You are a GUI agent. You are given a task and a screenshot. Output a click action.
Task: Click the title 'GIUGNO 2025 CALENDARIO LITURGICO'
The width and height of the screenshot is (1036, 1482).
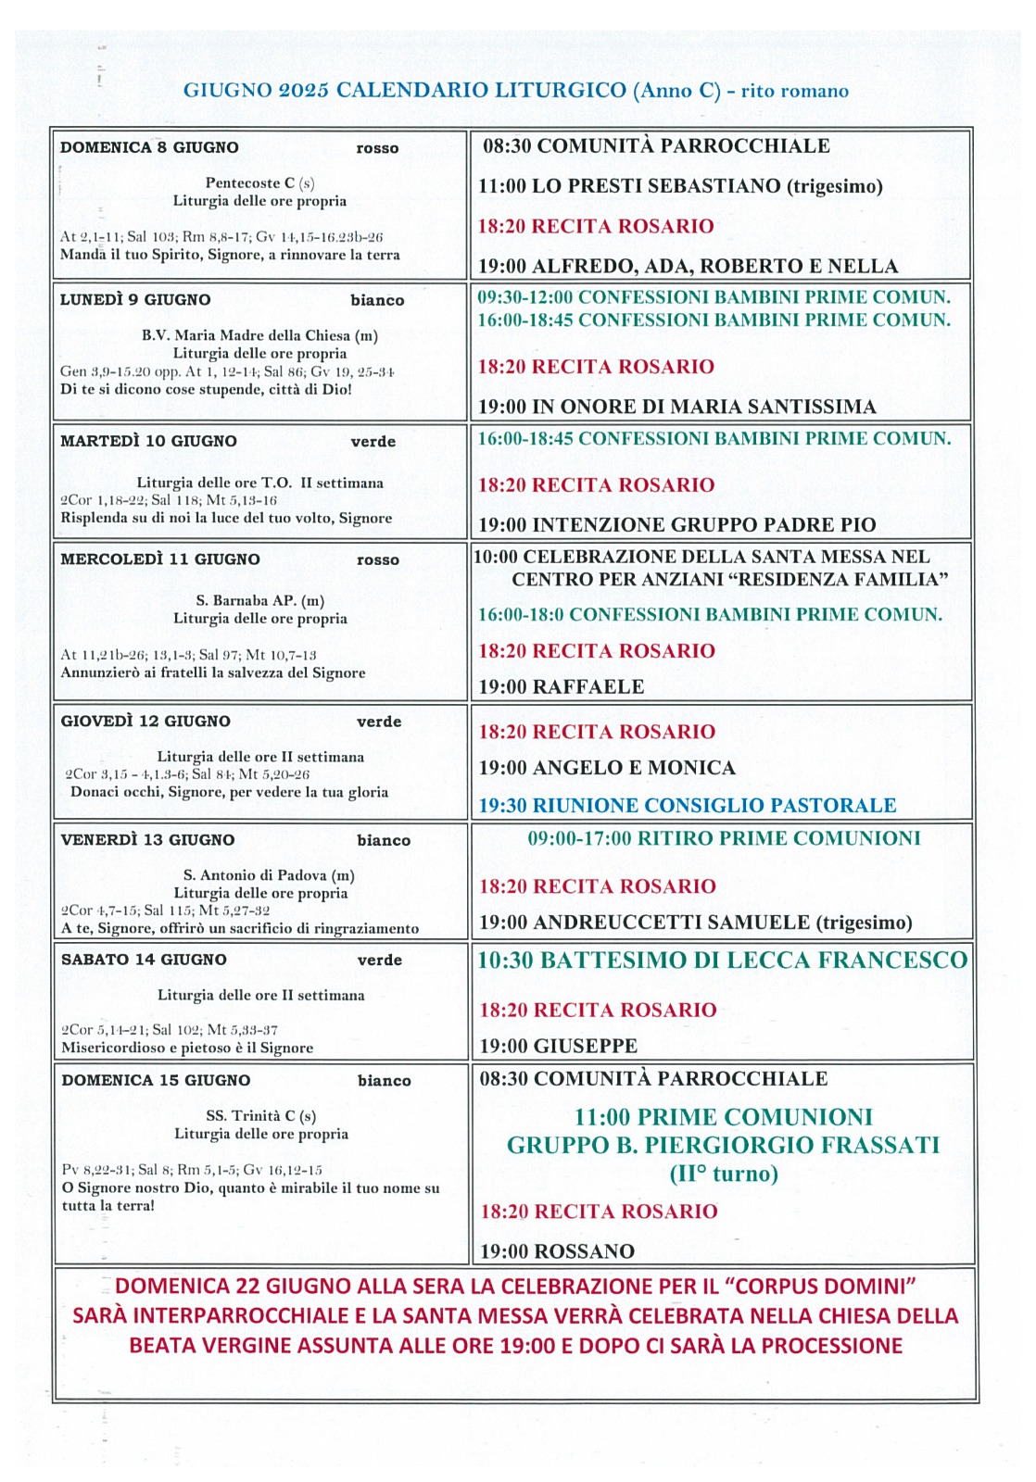pos(405,91)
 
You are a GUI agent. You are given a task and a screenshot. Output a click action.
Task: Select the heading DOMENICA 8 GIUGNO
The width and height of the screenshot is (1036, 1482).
pos(149,147)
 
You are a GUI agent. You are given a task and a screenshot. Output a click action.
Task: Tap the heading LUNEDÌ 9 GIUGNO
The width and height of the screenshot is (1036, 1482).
pos(135,300)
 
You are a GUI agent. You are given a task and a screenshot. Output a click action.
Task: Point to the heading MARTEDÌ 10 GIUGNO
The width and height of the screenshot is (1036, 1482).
pos(148,442)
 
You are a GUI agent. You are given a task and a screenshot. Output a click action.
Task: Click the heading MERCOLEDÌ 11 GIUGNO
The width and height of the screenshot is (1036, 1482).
pos(160,559)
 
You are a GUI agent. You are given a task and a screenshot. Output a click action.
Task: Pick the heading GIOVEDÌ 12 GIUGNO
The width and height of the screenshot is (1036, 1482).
pos(145,722)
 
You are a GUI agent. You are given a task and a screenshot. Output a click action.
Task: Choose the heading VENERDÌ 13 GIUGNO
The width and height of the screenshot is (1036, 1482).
pos(147,840)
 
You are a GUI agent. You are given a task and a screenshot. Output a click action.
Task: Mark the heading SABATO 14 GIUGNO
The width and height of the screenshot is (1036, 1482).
pos(144,960)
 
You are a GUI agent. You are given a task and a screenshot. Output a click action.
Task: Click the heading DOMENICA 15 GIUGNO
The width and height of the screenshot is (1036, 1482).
pos(157,1080)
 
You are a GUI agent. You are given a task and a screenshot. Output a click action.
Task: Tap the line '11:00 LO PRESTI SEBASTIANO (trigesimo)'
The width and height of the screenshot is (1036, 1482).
pos(680,186)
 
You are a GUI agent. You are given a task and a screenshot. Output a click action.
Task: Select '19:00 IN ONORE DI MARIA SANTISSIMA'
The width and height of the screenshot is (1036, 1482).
pos(676,407)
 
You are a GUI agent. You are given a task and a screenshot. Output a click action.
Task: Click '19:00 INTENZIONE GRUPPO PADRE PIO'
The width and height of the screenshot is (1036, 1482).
pos(676,525)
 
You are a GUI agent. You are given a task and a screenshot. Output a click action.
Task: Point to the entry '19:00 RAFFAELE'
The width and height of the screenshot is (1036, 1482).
pos(561,687)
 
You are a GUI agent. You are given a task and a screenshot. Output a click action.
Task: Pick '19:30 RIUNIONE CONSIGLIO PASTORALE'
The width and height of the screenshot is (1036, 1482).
pos(687,806)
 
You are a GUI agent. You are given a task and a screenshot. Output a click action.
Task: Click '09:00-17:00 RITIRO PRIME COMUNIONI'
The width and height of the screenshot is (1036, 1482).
pos(724,839)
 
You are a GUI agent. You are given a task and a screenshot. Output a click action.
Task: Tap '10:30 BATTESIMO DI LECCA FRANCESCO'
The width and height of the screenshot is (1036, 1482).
pos(722,961)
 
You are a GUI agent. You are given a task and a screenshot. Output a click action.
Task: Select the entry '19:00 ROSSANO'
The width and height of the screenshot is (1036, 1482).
pos(557,1251)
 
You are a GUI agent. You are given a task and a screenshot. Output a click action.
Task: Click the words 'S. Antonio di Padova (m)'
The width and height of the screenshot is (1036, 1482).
pos(269,875)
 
